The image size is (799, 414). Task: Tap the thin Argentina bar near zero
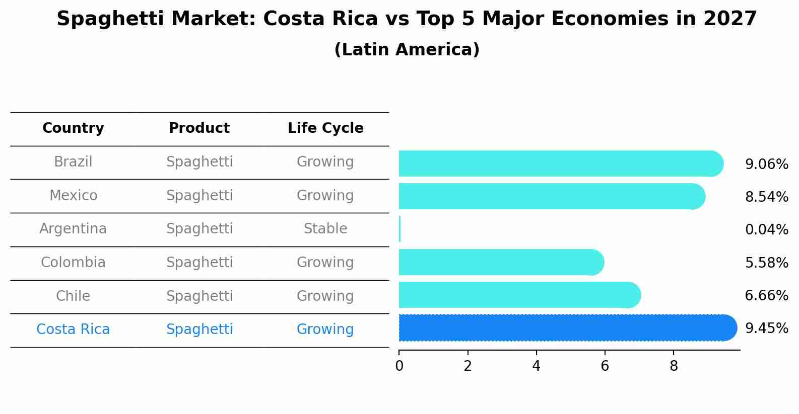tap(399, 229)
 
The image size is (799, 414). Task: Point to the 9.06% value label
tap(766, 164)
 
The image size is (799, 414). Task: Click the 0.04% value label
tap(766, 230)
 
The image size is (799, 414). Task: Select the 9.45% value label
tap(766, 328)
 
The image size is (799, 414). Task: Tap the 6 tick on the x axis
tap(605, 366)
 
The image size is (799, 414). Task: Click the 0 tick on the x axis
tap(399, 366)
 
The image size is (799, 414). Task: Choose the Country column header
tap(73, 128)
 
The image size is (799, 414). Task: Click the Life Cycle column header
tap(325, 128)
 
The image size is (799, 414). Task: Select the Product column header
tap(199, 128)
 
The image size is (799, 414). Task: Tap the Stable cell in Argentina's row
tap(325, 229)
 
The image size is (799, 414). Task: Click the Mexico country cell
tap(73, 195)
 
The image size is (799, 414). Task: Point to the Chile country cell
tap(73, 296)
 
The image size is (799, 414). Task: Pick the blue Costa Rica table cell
tap(73, 329)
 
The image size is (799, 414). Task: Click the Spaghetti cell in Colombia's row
tap(199, 263)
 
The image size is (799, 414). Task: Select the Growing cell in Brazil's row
tap(325, 162)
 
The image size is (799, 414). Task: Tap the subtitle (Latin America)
tap(407, 50)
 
